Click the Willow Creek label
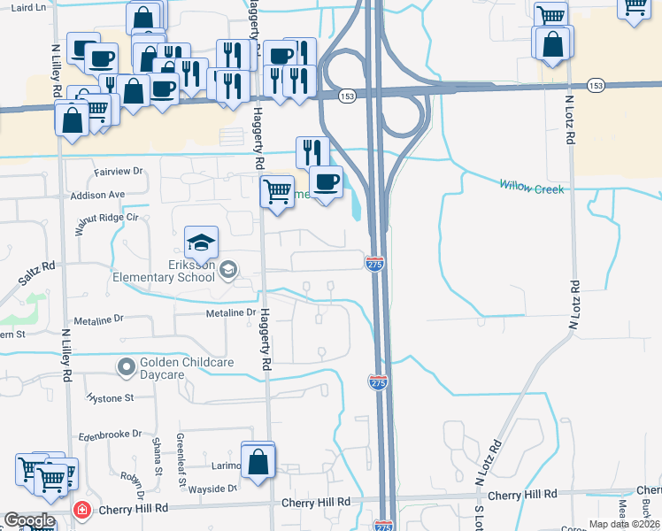coord(531,187)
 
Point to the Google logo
coord(28,520)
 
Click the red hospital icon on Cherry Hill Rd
coord(81,511)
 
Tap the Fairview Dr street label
coord(119,171)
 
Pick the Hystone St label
coord(110,398)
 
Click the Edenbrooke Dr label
coord(110,435)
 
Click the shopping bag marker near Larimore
coord(258,462)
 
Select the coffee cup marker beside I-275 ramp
coord(326,183)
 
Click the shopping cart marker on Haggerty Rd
coord(277,191)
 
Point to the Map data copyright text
coord(624,524)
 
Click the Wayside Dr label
coord(213,488)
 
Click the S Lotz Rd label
coord(478,519)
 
